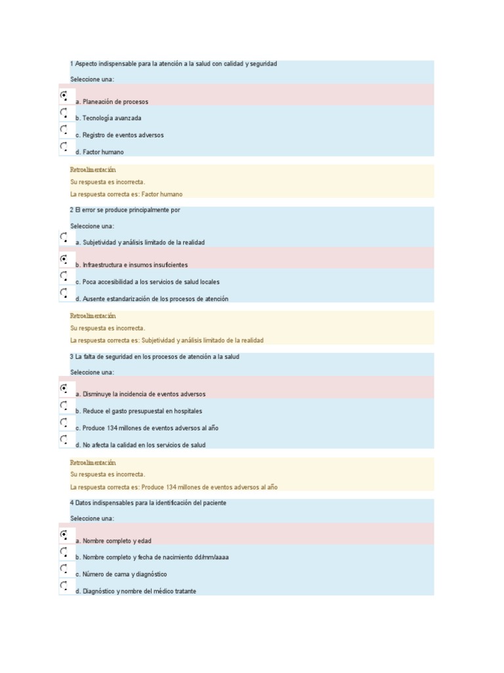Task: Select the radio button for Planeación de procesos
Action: pos(64,96)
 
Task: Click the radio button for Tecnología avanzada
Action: pos(64,113)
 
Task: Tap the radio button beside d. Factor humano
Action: pos(64,147)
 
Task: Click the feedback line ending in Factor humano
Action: pos(126,194)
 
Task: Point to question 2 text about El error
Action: pos(125,210)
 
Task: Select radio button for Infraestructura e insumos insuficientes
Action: pos(64,259)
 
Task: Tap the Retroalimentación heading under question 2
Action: pos(93,316)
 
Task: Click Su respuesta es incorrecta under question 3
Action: pos(108,474)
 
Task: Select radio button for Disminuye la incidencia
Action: pos(64,388)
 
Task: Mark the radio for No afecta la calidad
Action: pos(64,439)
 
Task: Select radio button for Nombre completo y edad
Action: pos(64,535)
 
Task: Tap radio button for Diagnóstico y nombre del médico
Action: pos(64,586)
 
